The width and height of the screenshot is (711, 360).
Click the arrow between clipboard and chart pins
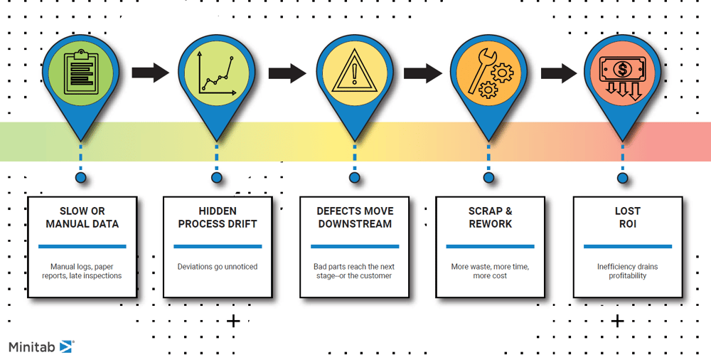coord(149,72)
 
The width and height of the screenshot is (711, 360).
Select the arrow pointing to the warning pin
coord(287,72)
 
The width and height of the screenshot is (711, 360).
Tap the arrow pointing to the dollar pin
coord(558,72)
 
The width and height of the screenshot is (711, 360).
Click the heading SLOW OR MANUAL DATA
coord(82,218)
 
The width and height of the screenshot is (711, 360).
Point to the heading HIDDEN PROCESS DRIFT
coord(218,218)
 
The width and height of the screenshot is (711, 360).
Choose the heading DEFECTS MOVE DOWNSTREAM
coord(355,218)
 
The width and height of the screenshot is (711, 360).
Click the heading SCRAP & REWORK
coord(491,218)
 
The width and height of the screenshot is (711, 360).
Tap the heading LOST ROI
coord(627,218)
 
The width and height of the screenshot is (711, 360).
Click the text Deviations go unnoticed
coord(218,267)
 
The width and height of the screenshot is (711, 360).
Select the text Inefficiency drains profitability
coord(627,271)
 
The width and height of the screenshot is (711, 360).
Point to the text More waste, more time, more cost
coord(491,271)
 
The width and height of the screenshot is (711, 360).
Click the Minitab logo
coord(41,346)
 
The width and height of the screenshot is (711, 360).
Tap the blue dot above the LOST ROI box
coord(623,178)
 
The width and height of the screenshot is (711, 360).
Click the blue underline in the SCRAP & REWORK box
coord(491,247)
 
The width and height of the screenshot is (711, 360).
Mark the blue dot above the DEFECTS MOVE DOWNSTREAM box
coord(353,178)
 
